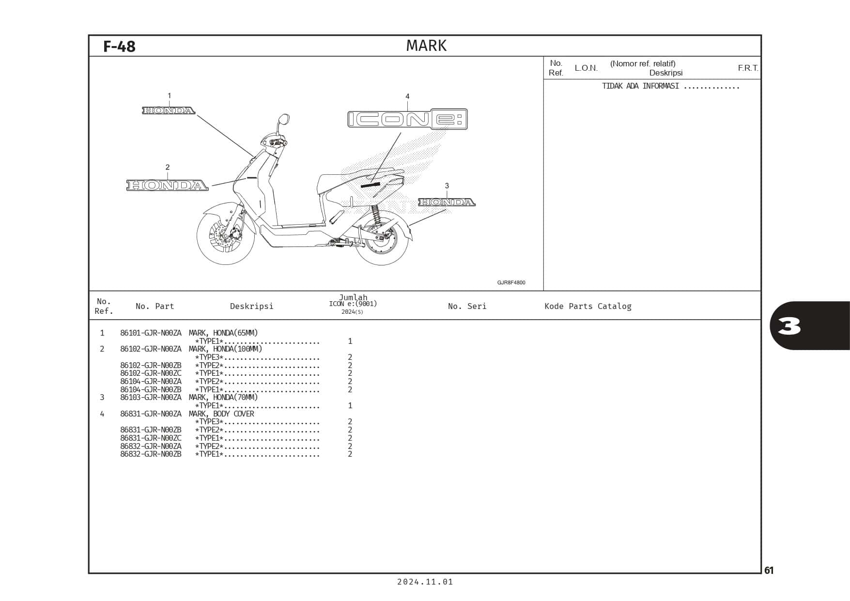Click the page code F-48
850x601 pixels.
[x=119, y=46]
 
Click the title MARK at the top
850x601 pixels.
[x=426, y=46]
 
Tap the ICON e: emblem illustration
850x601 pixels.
[x=407, y=119]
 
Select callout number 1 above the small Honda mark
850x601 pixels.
[x=169, y=96]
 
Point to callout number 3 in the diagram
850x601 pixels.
[x=447, y=185]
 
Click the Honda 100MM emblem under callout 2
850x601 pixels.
[x=168, y=185]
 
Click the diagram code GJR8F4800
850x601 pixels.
[x=511, y=282]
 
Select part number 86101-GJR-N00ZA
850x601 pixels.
[x=151, y=333]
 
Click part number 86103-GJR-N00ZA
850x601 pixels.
[x=151, y=397]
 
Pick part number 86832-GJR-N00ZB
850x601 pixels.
[x=151, y=454]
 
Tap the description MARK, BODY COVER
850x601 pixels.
[x=221, y=414]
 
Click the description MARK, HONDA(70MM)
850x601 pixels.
[x=223, y=397]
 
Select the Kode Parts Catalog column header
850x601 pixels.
[x=588, y=306]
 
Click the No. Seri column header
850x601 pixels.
[x=467, y=306]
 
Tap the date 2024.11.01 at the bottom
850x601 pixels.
[x=425, y=582]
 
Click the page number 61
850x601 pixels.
[x=769, y=570]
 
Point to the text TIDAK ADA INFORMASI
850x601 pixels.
[x=640, y=86]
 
